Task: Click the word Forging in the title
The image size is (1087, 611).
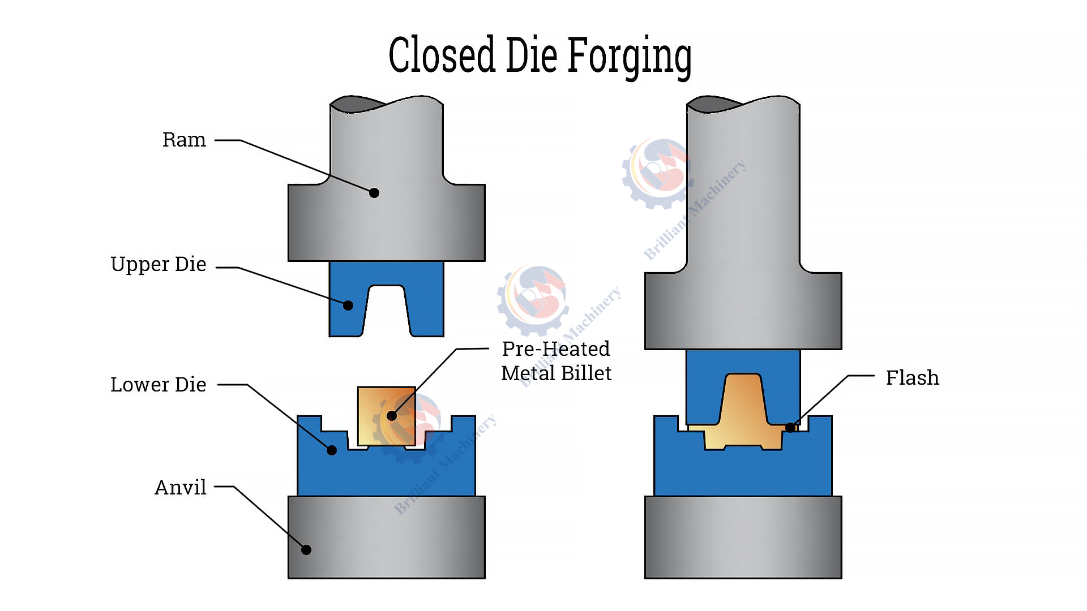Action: [629, 55]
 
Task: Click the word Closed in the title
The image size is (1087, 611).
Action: [442, 55]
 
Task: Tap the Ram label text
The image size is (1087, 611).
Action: [184, 140]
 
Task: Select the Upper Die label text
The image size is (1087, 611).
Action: [159, 264]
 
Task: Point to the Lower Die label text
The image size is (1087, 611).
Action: [159, 385]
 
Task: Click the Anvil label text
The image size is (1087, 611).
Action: [181, 487]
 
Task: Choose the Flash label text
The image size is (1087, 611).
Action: [912, 377]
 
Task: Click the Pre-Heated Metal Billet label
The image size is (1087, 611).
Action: [556, 361]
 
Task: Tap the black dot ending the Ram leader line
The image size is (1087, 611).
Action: [374, 193]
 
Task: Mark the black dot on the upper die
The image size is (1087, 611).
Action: [348, 305]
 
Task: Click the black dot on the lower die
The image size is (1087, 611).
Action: [332, 450]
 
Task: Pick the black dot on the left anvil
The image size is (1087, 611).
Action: [306, 550]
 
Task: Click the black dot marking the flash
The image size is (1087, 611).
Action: [790, 428]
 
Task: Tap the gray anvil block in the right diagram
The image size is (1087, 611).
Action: [743, 537]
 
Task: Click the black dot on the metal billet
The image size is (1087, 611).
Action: [391, 416]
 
